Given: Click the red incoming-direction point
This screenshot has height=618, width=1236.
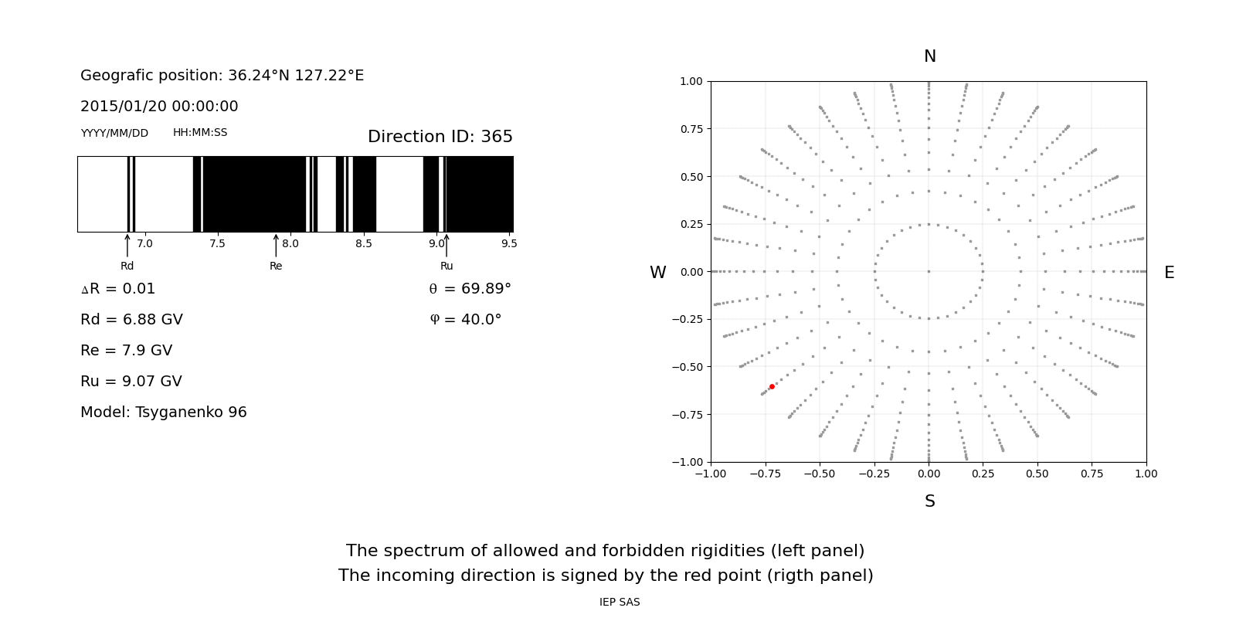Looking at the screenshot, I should point(772,386).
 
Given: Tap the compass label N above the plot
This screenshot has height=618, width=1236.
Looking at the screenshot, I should point(929,56).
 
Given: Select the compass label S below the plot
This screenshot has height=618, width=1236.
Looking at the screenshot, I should point(929,501).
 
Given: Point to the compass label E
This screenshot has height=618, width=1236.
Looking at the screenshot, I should point(1169,273).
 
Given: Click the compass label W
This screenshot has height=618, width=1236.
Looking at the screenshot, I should point(657,273).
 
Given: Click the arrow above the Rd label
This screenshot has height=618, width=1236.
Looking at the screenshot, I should point(127,246).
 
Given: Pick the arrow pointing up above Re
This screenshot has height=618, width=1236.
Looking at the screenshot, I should point(276,246).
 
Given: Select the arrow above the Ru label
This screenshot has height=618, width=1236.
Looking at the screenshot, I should point(447,246).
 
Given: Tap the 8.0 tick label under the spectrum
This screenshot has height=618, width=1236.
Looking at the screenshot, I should point(290,243).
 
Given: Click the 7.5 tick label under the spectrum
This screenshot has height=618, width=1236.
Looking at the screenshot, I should point(217,243).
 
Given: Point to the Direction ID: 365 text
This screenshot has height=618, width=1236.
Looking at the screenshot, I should point(440,137).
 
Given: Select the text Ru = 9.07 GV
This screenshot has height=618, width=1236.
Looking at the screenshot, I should point(131,382).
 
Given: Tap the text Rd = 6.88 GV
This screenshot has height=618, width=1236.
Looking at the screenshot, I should point(131,320).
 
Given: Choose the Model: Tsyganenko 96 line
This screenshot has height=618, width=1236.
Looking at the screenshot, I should point(164,413).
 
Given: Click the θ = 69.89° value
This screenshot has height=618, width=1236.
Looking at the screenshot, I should point(470,289).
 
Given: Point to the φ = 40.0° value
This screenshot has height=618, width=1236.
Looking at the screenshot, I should point(465,320).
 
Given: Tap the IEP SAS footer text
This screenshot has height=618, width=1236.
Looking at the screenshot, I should point(620,603).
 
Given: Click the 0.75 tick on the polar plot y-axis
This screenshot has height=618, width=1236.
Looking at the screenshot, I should point(691,129).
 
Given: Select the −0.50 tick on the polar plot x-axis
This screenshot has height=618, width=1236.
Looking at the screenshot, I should point(820,474).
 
